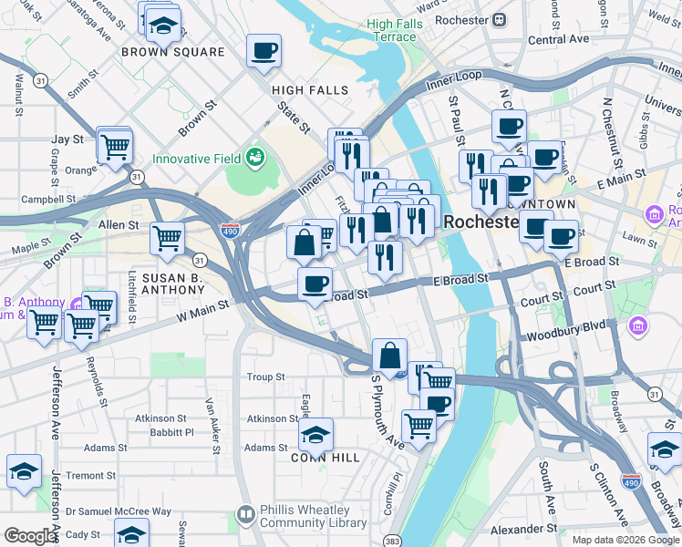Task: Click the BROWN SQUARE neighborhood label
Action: tap(172, 52)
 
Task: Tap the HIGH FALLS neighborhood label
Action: tap(310, 90)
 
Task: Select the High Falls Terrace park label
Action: tap(391, 30)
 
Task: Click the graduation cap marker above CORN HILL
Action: tap(315, 434)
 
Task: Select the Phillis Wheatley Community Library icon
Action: tap(245, 515)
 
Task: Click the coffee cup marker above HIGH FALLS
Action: tap(263, 51)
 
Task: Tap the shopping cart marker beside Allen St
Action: tap(167, 239)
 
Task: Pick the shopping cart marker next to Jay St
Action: tap(115, 146)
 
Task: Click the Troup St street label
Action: tap(265, 377)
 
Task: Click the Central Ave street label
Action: tap(558, 39)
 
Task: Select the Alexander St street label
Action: tap(524, 528)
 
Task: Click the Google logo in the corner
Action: tap(29, 536)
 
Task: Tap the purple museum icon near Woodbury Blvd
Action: tap(637, 325)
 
